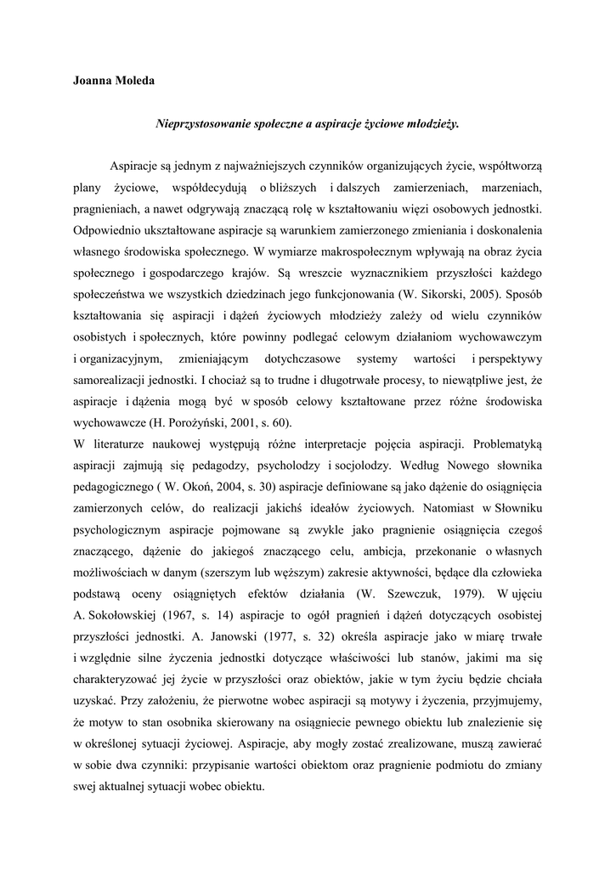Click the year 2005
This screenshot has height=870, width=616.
point(482,294)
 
